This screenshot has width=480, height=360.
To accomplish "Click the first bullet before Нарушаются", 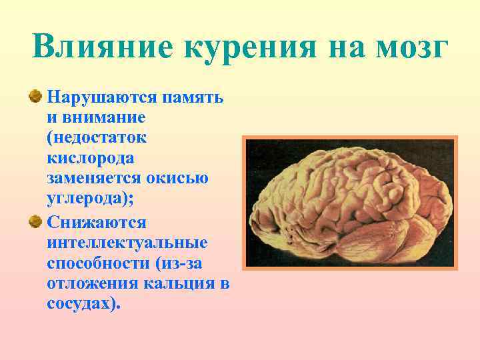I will click(x=34, y=98).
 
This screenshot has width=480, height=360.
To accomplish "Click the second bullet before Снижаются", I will click(x=34, y=221).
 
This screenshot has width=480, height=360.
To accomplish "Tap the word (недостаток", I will click(x=97, y=138).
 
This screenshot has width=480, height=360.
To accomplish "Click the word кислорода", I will click(x=91, y=159).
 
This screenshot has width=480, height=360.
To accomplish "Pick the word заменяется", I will click(x=93, y=179).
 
